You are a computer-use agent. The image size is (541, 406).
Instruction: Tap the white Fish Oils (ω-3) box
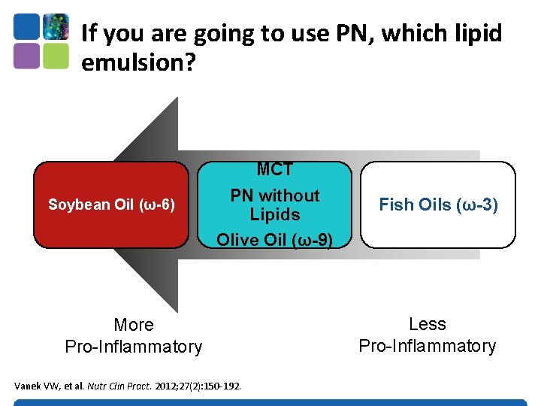pos(438,205)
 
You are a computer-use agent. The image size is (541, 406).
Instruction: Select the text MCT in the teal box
pos(274,170)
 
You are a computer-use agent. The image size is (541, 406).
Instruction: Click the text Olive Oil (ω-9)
pos(274,239)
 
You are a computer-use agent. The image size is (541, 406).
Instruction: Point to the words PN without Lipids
pos(274,205)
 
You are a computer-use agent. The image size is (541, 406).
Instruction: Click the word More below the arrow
pos(133,325)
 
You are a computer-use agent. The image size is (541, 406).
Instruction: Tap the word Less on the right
pos(427,324)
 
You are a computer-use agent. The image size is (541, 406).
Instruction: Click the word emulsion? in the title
pos(138,63)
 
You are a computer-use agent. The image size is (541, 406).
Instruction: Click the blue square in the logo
pos(26,26)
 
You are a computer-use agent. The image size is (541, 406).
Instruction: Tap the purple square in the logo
pos(26,56)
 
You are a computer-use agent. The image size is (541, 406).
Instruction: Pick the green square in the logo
pos(56,56)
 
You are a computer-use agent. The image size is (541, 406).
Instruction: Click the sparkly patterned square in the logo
pos(56,26)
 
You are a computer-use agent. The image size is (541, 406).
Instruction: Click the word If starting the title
pos(89,33)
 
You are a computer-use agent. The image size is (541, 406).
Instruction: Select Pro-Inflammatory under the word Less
pos(427,346)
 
